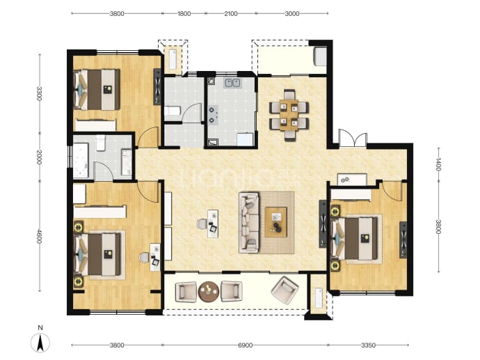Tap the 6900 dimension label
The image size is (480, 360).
tap(245, 345)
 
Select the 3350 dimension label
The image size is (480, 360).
tap(368, 345)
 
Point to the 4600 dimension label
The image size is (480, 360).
tap(39, 236)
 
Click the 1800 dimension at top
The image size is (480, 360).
tap(184, 13)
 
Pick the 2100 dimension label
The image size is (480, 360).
tap(231, 13)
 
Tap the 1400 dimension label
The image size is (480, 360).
tap(438, 164)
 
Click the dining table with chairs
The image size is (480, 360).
tap(289, 115)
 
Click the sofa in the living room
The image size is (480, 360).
tap(249, 222)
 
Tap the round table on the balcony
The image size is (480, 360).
tap(209, 291)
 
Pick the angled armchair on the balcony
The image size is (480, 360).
tap(285, 290)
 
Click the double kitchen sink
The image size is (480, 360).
tap(232, 83)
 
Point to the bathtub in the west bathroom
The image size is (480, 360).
tap(81, 160)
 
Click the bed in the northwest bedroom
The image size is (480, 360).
tap(97, 89)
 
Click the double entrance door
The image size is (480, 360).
tap(353, 138)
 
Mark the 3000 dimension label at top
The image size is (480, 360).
tap(292, 13)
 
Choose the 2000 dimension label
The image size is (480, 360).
tap(39, 157)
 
